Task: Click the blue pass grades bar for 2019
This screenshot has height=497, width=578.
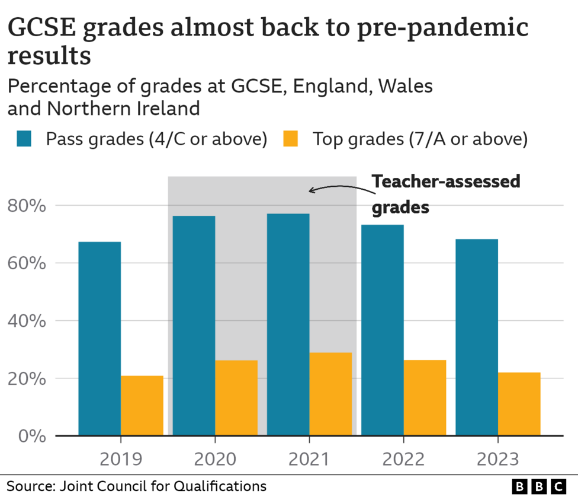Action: click(99, 338)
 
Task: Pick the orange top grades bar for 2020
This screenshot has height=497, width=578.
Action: click(236, 397)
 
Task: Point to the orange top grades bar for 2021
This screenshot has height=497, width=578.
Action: click(330, 394)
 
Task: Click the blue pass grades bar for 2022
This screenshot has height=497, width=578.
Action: click(383, 330)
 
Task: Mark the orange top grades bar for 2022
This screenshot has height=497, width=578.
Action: click(425, 397)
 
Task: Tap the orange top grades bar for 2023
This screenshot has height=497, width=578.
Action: click(519, 403)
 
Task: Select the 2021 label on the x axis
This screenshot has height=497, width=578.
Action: click(309, 459)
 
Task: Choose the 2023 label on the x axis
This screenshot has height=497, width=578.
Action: click(497, 459)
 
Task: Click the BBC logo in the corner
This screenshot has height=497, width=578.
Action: click(539, 486)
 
